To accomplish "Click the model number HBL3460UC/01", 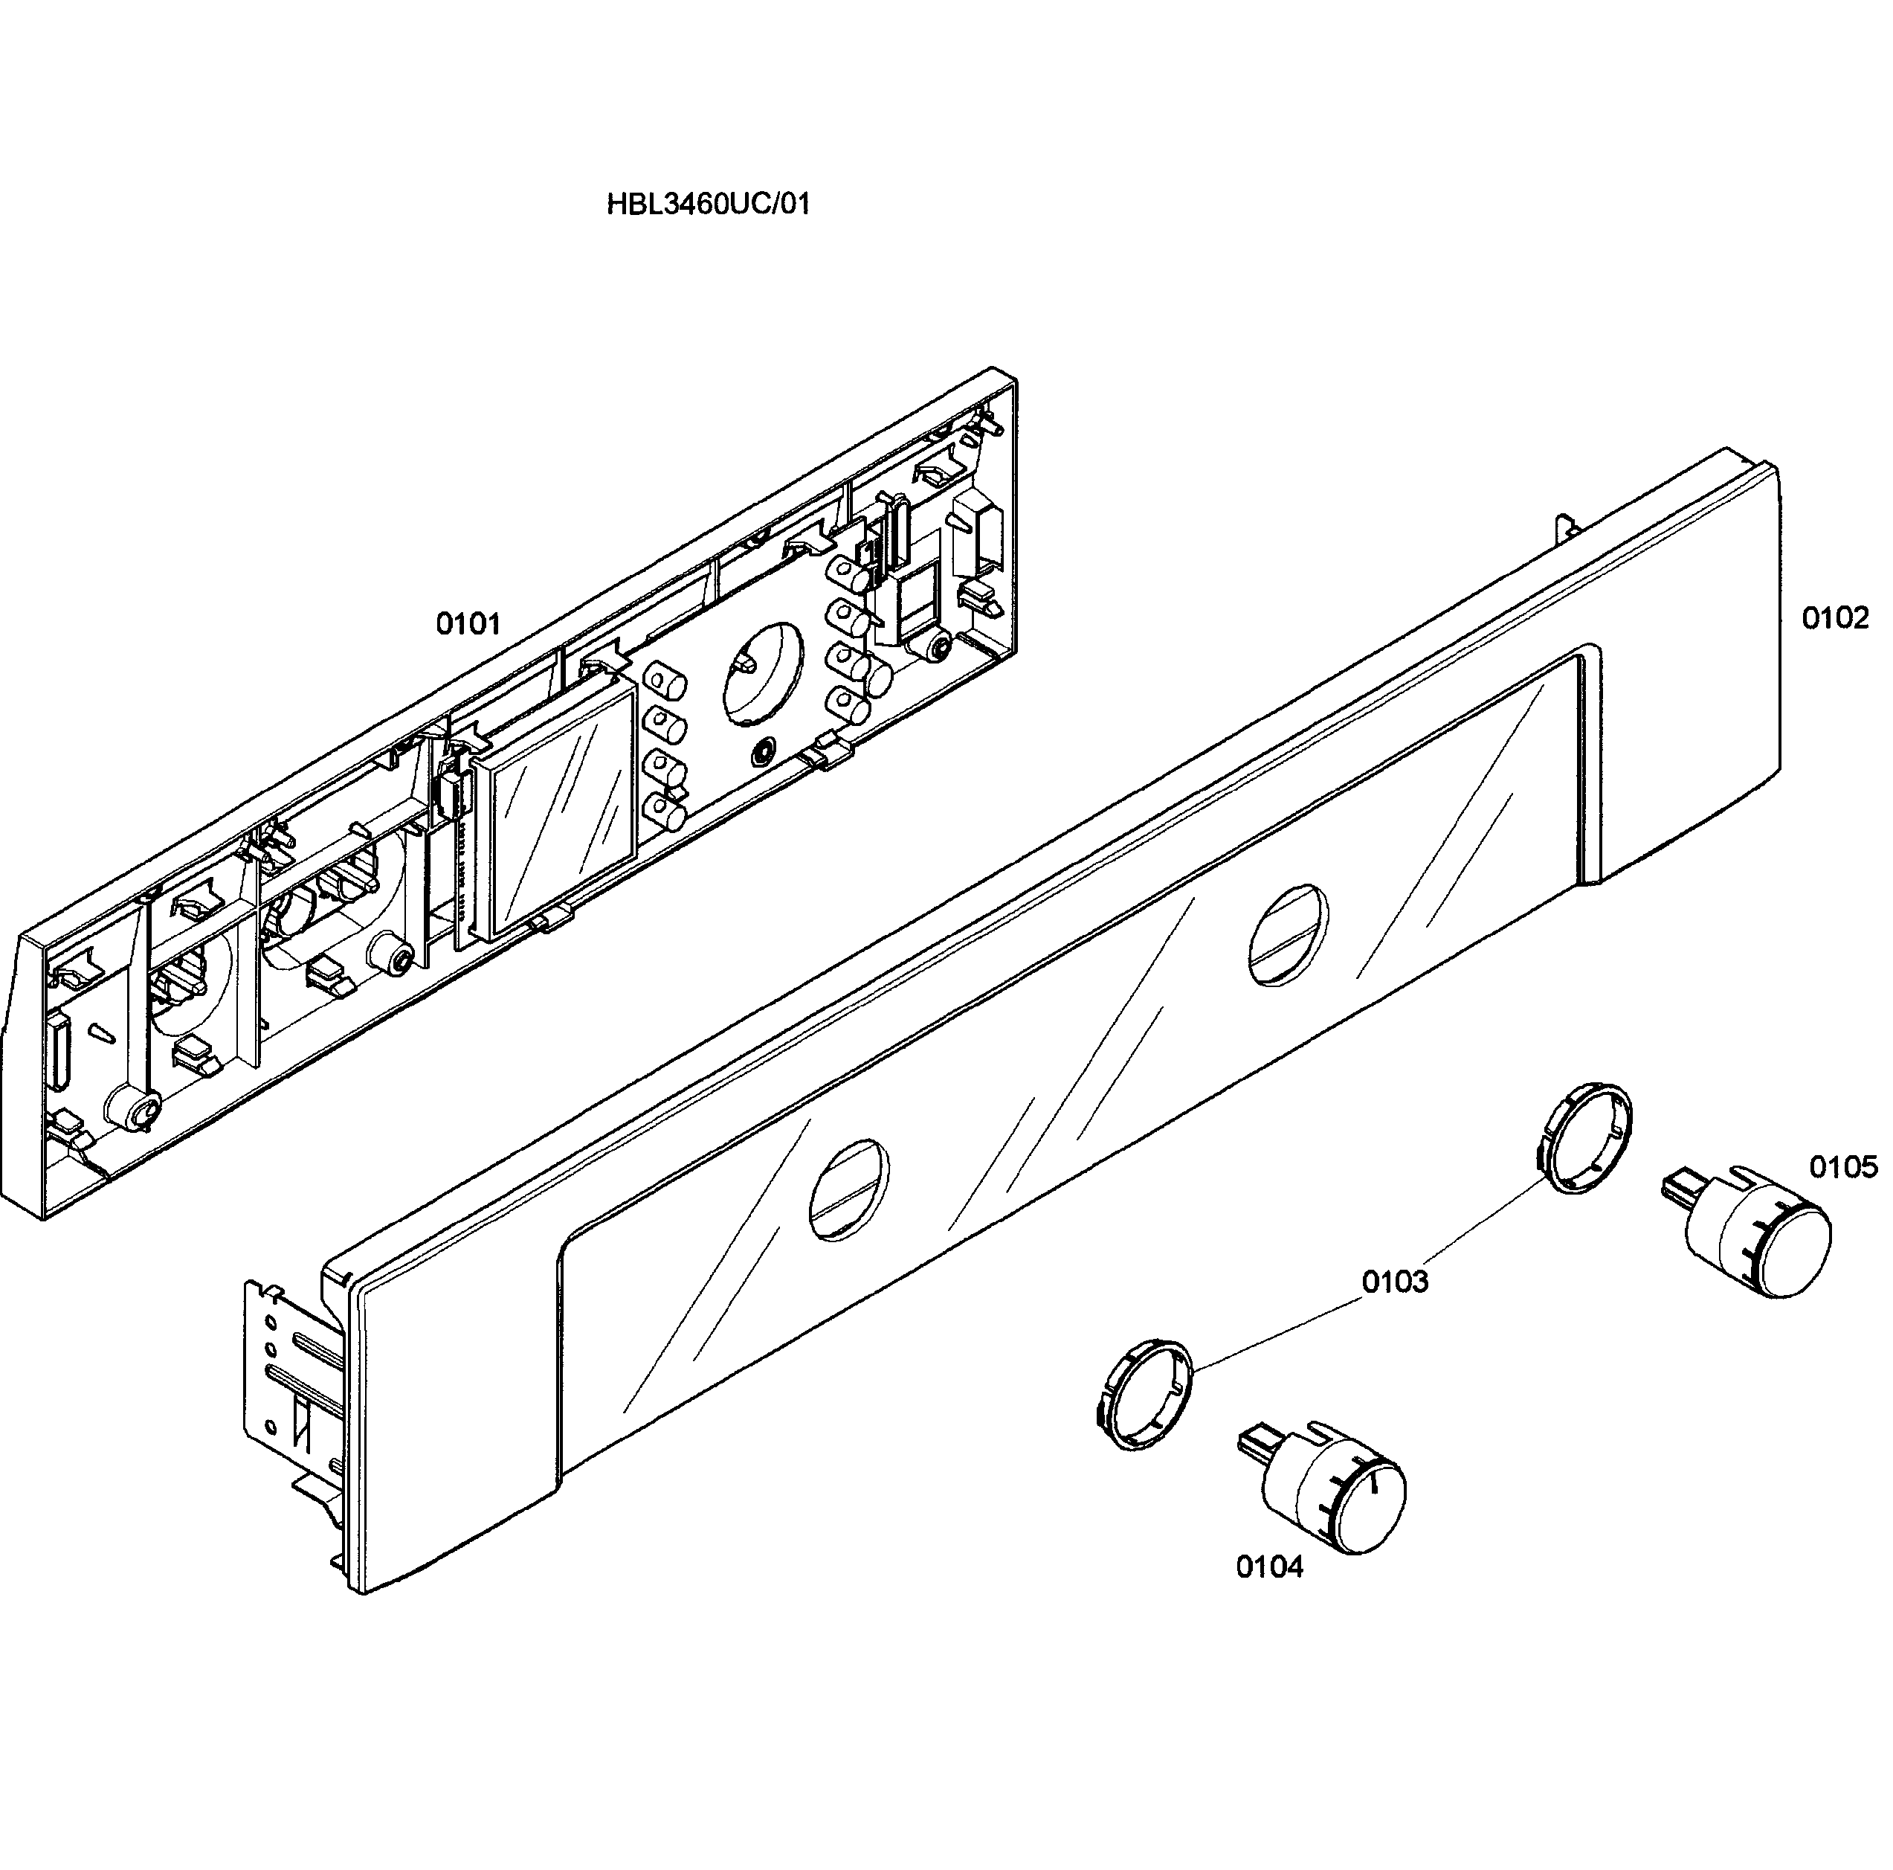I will coord(709,205).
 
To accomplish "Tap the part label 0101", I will coord(468,624).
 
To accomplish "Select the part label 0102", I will coord(1834,618).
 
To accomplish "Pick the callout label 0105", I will coord(1843,1166).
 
